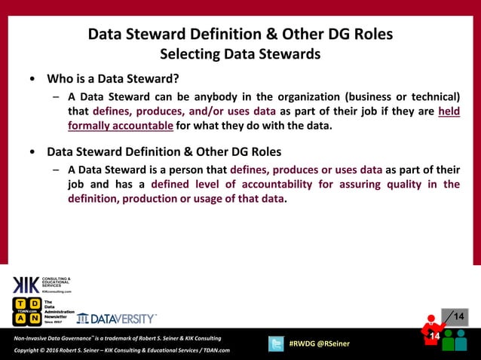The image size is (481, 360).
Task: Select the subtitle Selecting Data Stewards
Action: coord(240,54)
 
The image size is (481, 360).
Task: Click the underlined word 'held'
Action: coord(449,111)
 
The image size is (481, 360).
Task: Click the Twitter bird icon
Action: coord(275,343)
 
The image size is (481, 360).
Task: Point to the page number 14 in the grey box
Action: coord(458,316)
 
